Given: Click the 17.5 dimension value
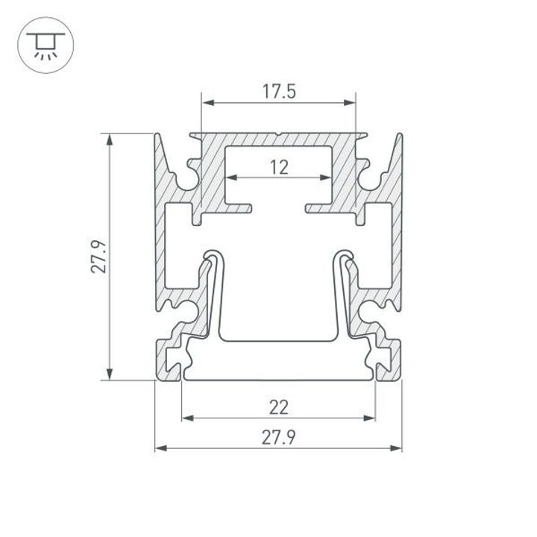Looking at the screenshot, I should pyautogui.click(x=279, y=92).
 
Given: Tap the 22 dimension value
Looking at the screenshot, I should pyautogui.click(x=279, y=406).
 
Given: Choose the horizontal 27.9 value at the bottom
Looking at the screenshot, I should pyautogui.click(x=279, y=438).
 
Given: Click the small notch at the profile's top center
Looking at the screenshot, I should pyautogui.click(x=278, y=136).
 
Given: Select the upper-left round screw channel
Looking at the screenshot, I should pyautogui.click(x=186, y=179).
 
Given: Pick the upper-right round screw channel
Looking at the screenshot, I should pyautogui.click(x=371, y=179).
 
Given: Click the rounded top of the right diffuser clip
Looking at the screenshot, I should pyautogui.click(x=345, y=254).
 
